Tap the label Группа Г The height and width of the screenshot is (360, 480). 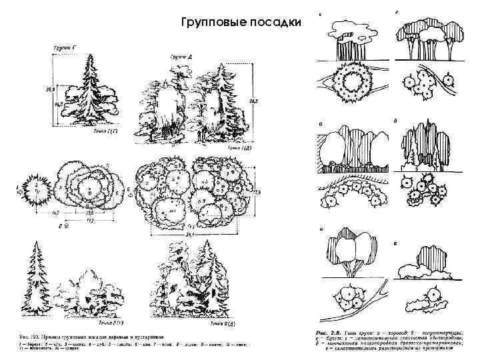[x=65, y=48]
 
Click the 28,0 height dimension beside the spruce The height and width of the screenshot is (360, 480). [x=47, y=88]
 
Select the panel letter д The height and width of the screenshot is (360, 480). [x=397, y=121]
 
